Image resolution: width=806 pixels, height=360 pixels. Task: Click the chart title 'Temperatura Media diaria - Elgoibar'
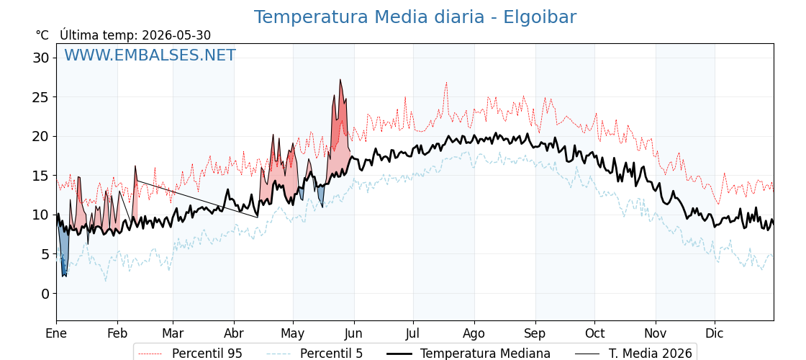(x=415, y=17)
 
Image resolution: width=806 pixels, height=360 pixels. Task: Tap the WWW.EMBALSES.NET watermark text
(x=150, y=55)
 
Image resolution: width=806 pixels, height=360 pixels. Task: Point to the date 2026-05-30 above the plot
(x=176, y=35)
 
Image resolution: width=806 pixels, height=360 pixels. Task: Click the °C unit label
(x=42, y=35)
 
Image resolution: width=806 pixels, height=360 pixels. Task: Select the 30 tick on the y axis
(x=41, y=58)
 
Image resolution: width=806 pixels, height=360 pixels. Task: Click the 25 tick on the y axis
(x=41, y=96)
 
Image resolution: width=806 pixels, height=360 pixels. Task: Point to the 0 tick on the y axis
(x=46, y=293)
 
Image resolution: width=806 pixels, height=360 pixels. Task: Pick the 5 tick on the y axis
(x=46, y=254)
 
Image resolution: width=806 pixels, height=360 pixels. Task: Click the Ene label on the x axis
(x=56, y=333)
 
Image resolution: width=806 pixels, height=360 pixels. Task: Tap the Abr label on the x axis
(x=234, y=333)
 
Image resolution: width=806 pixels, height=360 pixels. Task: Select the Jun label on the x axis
(x=354, y=333)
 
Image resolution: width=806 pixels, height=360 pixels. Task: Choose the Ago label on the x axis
(x=474, y=333)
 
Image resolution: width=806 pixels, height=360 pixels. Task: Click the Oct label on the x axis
(x=594, y=333)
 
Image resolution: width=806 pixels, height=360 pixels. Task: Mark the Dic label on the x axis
(x=715, y=333)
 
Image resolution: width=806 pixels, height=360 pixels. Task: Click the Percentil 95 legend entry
(x=190, y=354)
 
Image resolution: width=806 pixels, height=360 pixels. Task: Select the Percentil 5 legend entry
(x=314, y=354)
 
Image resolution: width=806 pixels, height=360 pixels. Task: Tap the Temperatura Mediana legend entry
(x=468, y=354)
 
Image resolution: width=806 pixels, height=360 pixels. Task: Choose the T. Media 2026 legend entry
(x=634, y=354)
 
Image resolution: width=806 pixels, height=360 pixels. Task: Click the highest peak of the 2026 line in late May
(x=340, y=80)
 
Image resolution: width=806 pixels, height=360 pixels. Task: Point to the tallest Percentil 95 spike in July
(x=446, y=82)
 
